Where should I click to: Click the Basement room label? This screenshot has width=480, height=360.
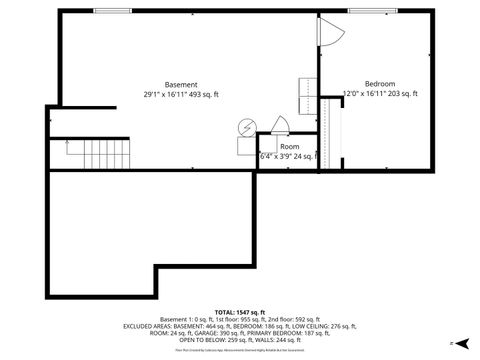point(181,84)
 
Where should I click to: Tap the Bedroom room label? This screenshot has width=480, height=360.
point(379,83)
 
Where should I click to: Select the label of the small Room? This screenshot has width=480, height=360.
point(289,146)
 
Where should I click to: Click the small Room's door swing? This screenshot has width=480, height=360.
point(280,124)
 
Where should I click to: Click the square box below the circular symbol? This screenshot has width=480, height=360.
point(246,146)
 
